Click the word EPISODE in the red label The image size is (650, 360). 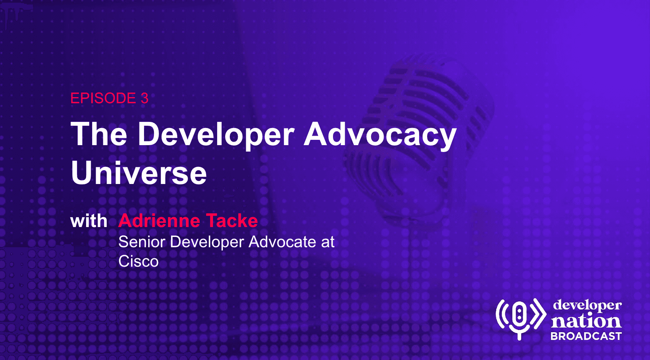pyautogui.click(x=103, y=98)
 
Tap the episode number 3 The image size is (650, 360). pyautogui.click(x=144, y=98)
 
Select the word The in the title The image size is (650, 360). pyautogui.click(x=99, y=134)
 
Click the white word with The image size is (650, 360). pyautogui.click(x=89, y=221)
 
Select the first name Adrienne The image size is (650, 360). pyautogui.click(x=159, y=221)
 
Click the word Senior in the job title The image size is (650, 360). pyautogui.click(x=142, y=242)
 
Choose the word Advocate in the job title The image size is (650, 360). pyautogui.click(x=282, y=242)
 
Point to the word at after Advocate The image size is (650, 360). pyautogui.click(x=328, y=242)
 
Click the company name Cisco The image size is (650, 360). pyautogui.click(x=138, y=261)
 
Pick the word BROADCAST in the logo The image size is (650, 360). pyautogui.click(x=586, y=336)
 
